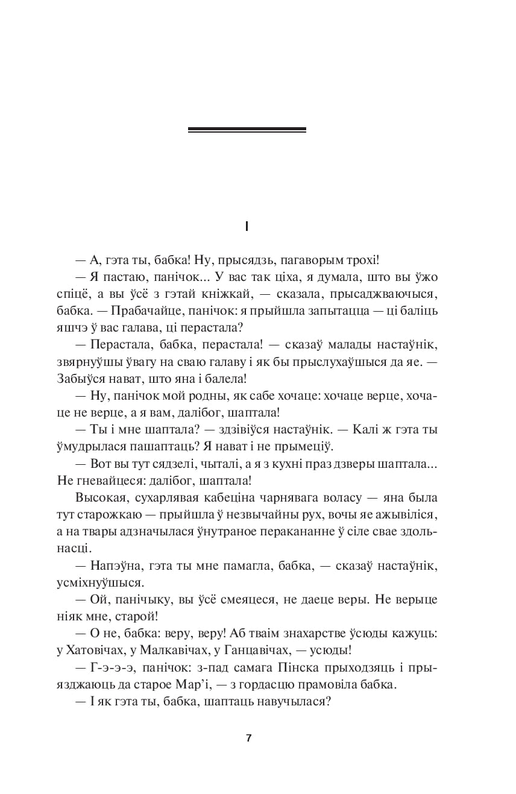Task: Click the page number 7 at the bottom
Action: [248, 739]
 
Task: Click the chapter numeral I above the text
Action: [247, 227]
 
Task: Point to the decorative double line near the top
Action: [247, 130]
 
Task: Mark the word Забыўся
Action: [92, 379]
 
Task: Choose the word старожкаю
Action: [116, 515]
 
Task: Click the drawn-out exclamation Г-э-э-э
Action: [109, 668]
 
